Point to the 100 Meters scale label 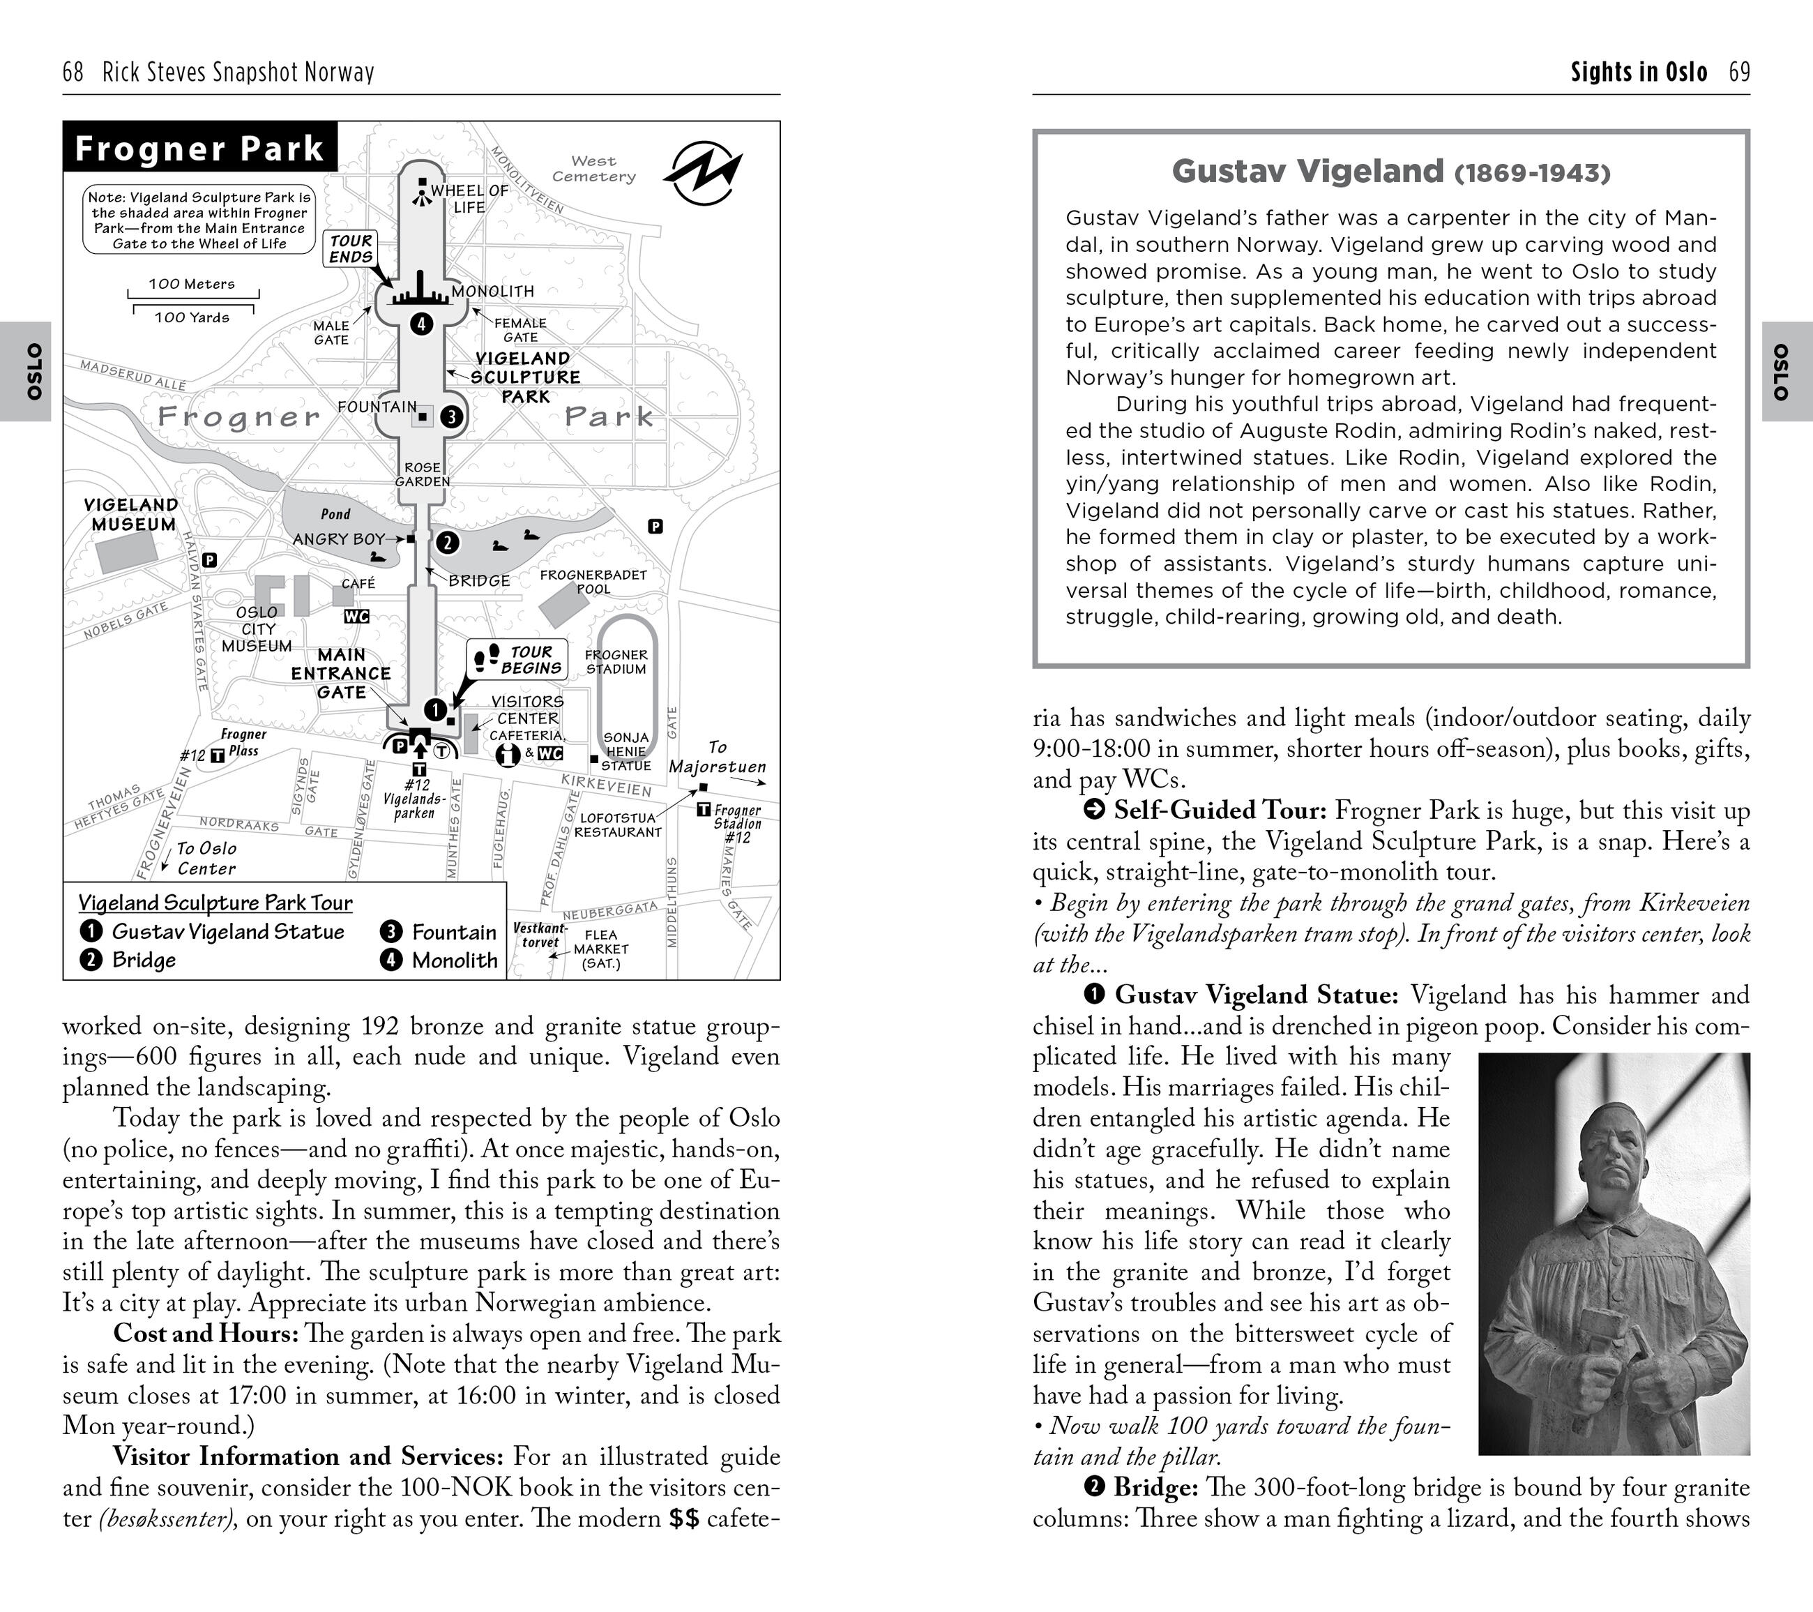[192, 284]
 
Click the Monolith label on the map [493, 291]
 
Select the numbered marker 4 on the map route [421, 324]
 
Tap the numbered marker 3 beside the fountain [451, 416]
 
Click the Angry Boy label [339, 538]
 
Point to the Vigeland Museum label [131, 515]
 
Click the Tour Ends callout [351, 248]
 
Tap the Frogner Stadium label [616, 662]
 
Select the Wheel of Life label [469, 199]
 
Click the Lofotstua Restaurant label [619, 825]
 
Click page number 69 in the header [1739, 72]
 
